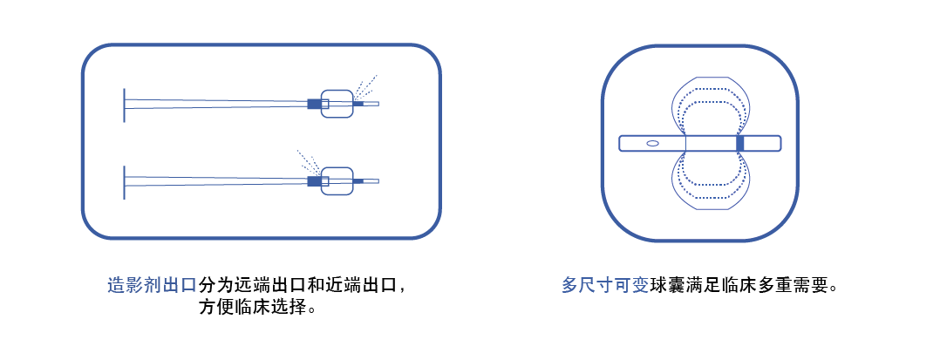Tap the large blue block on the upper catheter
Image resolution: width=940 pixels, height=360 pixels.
pos(314,104)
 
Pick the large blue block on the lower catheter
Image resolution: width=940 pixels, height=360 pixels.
pos(314,181)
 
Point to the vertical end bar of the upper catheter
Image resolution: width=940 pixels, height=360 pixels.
pos(124,105)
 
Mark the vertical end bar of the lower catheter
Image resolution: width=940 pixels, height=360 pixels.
pos(124,182)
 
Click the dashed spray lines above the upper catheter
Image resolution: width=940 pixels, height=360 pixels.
pos(364,88)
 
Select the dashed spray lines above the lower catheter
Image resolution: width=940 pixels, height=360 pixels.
pos(309,163)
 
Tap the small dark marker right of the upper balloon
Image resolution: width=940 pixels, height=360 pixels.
pos(358,104)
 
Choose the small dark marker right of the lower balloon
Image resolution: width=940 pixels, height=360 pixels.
pos(358,181)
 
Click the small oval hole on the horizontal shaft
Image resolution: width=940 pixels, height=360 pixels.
pos(652,143)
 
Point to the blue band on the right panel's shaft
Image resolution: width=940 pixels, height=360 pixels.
pos(739,144)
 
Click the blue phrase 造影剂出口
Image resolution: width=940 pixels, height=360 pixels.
pos(153,284)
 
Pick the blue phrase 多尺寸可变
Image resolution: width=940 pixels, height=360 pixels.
pos(605,285)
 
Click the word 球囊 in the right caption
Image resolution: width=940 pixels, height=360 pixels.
pos(668,285)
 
